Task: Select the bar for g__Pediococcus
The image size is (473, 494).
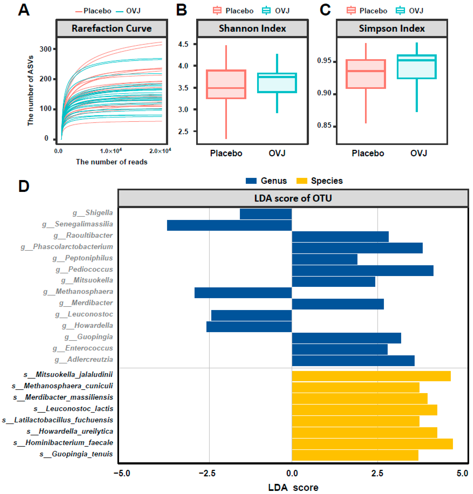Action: pyautogui.click(x=362, y=270)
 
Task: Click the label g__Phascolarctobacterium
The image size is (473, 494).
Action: pyautogui.click(x=67, y=247)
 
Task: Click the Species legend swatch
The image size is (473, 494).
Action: pyautogui.click(x=302, y=181)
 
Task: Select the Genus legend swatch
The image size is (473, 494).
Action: pyautogui.click(x=251, y=181)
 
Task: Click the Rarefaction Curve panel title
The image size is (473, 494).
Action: pyautogui.click(x=112, y=28)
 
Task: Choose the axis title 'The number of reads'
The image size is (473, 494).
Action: pyautogui.click(x=112, y=162)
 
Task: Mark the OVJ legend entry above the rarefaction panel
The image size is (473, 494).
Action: pyautogui.click(x=129, y=11)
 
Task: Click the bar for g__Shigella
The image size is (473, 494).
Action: pyautogui.click(x=266, y=214)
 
